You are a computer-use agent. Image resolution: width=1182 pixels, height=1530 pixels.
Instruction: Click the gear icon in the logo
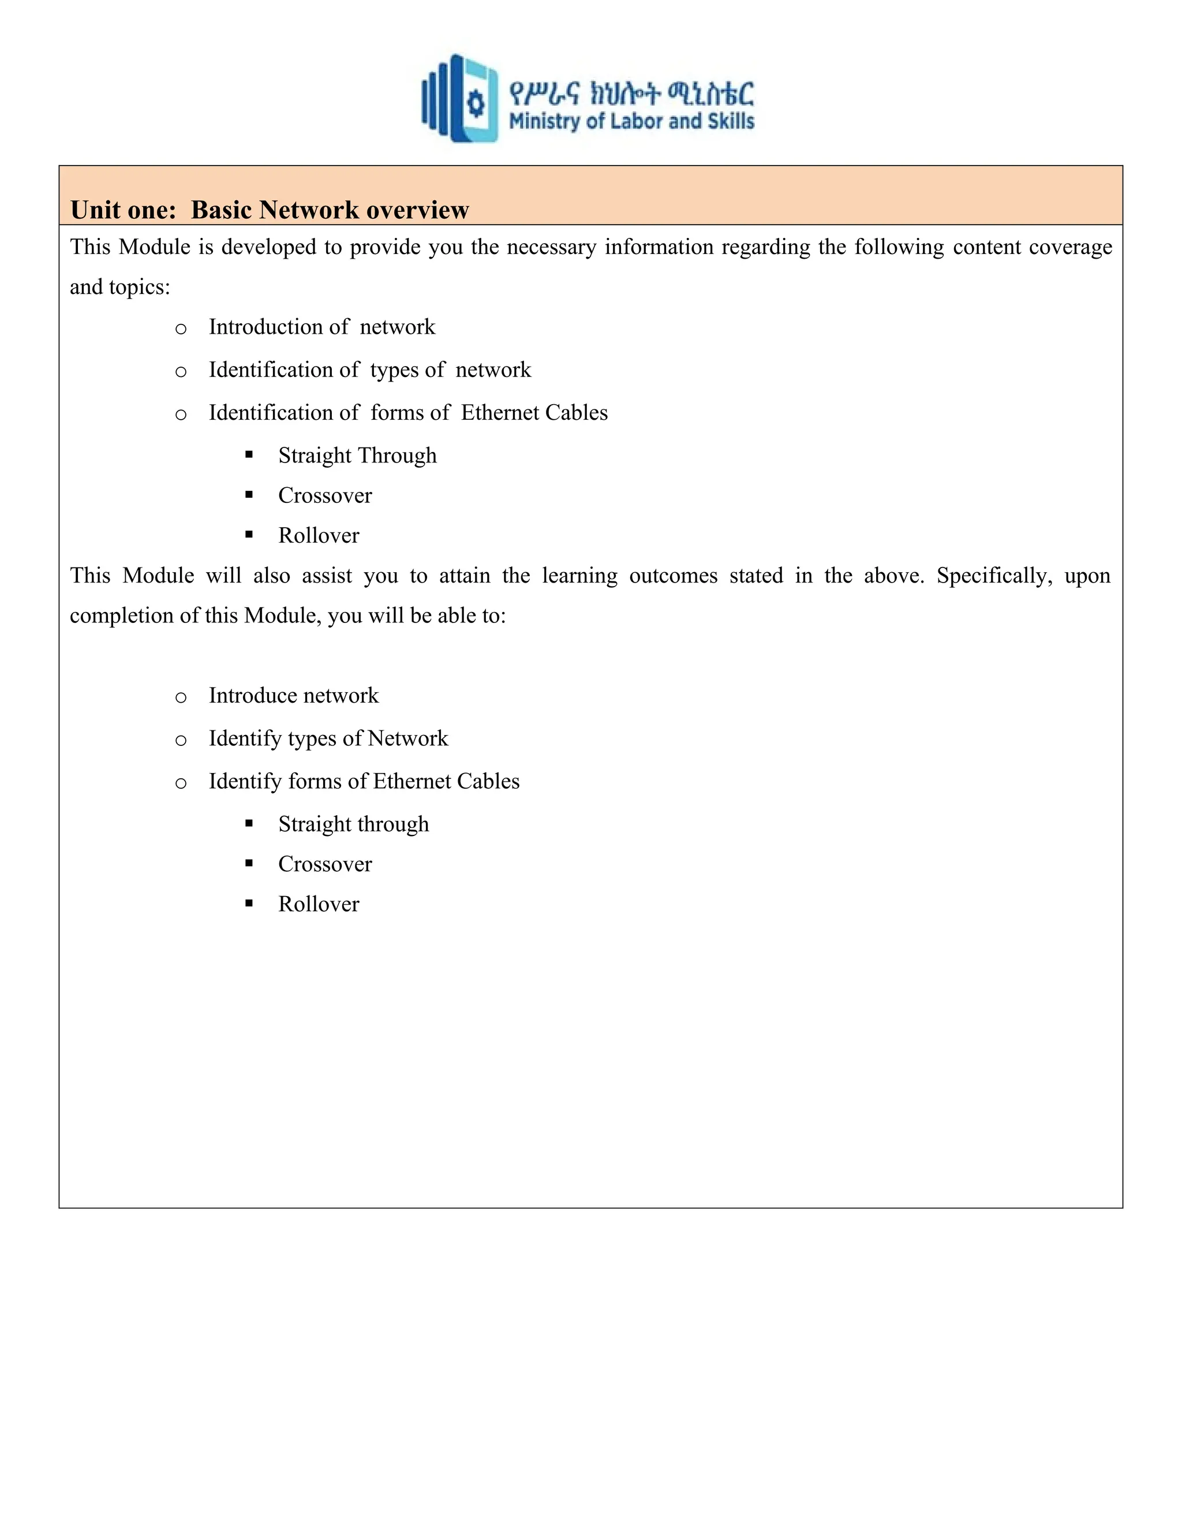click(476, 104)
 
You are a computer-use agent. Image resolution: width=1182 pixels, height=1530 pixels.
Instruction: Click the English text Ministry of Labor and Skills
click(631, 121)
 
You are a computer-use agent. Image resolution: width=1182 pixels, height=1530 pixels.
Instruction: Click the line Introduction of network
click(321, 327)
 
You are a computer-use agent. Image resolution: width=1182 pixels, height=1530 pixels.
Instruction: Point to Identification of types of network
click(370, 370)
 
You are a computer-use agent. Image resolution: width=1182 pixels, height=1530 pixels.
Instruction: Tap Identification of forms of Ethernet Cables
click(407, 413)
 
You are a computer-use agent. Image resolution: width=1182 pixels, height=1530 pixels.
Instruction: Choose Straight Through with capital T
click(357, 456)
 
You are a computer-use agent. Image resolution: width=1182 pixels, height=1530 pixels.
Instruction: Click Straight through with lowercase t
click(354, 824)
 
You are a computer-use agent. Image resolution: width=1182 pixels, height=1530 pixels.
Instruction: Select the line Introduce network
click(293, 696)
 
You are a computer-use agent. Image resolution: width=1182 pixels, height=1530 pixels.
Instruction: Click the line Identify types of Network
click(328, 738)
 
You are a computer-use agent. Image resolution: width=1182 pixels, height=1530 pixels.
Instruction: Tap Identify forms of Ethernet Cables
click(364, 781)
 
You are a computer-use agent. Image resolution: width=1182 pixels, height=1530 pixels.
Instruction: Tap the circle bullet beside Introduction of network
click(181, 329)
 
